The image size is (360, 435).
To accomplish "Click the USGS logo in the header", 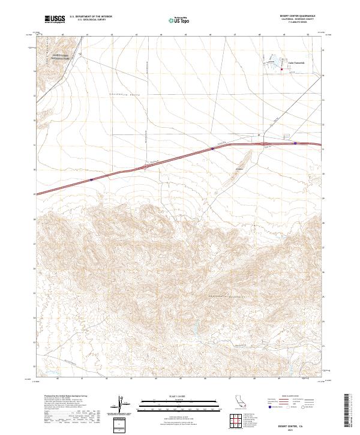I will (56, 19).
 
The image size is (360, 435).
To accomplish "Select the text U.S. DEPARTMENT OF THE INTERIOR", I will (91, 16).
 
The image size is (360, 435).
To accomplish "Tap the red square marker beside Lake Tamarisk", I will (282, 70).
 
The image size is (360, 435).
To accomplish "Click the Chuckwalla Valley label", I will (123, 94).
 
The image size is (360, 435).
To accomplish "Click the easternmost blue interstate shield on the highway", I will (295, 143).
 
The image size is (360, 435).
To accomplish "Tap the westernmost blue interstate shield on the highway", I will (91, 179).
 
